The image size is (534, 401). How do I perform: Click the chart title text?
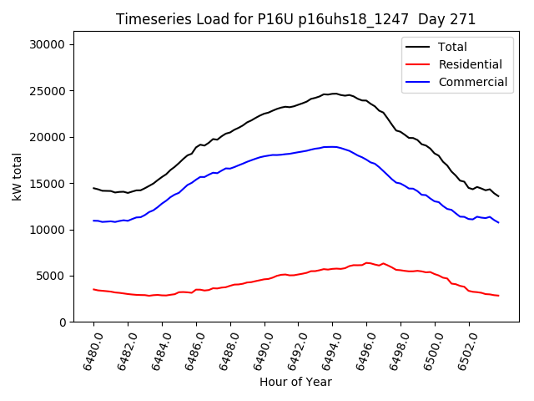(x=295, y=19)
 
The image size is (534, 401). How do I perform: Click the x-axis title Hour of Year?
(x=295, y=382)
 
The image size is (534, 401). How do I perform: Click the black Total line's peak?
(x=334, y=94)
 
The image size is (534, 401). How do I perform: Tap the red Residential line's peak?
(x=366, y=262)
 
